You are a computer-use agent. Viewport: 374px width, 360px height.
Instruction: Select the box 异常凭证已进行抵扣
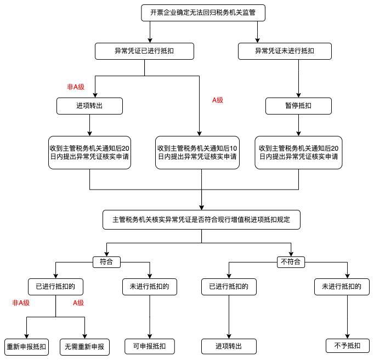(x=145, y=52)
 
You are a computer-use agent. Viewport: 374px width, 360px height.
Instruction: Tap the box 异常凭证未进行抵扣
(x=285, y=52)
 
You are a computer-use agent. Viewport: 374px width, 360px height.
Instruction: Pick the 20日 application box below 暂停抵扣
(x=298, y=152)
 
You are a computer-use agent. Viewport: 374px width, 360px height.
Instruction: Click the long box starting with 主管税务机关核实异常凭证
(x=201, y=219)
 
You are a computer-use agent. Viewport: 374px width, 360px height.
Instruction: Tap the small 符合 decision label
(x=106, y=261)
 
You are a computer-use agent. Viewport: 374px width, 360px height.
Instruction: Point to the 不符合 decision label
(x=291, y=261)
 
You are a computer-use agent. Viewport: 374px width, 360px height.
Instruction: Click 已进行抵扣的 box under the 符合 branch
(x=55, y=285)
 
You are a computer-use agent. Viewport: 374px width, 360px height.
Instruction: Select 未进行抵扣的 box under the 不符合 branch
(x=344, y=285)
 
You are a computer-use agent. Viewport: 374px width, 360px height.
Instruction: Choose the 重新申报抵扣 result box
(x=26, y=347)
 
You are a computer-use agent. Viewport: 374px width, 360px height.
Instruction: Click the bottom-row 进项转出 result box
(x=229, y=347)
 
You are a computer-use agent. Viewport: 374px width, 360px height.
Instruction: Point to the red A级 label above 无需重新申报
(x=78, y=303)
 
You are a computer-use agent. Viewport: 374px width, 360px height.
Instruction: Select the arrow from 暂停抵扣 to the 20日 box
(x=298, y=125)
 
